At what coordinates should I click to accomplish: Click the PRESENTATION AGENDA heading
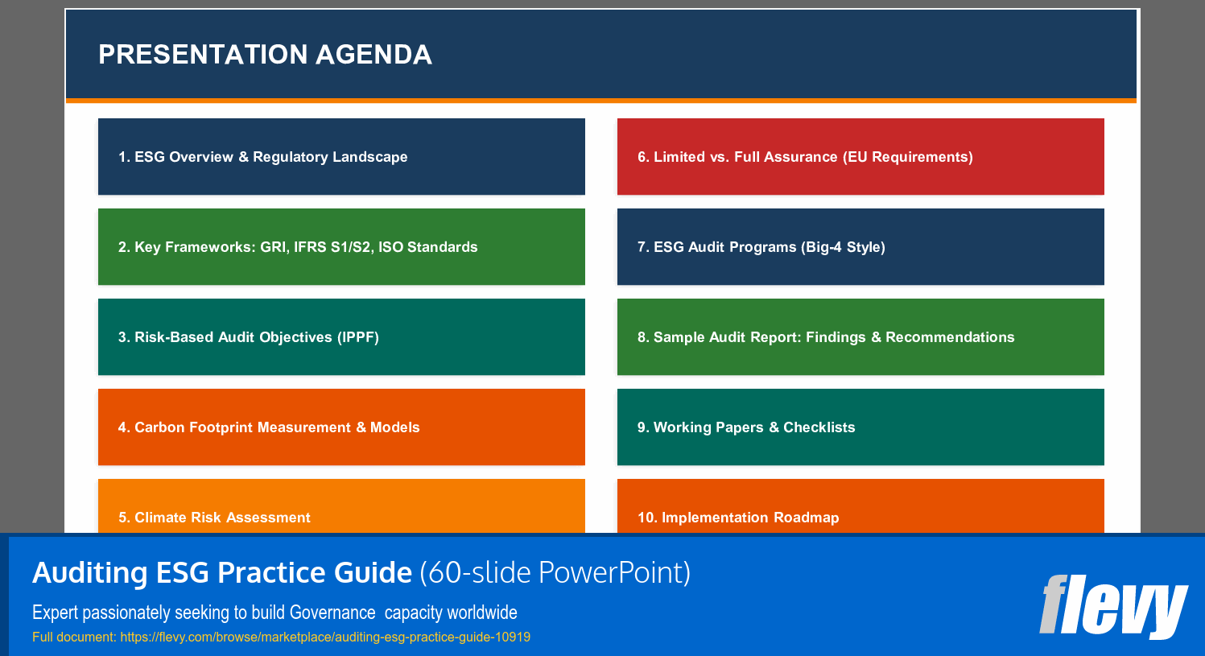[265, 55]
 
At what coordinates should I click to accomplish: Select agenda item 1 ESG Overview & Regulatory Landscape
[341, 157]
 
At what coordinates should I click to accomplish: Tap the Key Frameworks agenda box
[341, 247]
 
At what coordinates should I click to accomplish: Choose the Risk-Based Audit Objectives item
[341, 337]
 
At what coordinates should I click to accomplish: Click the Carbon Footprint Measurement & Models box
[341, 427]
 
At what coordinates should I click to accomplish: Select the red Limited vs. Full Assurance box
[860, 157]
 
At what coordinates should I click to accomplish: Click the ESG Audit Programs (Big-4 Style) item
[860, 247]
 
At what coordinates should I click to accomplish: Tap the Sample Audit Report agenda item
[860, 337]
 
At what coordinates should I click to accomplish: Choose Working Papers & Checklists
[860, 427]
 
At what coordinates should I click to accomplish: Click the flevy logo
[1113, 605]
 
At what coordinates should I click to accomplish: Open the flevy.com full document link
[325, 637]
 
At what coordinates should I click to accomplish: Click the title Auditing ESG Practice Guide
[222, 573]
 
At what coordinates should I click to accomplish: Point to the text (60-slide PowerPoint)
[555, 573]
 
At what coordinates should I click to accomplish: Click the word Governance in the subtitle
[332, 613]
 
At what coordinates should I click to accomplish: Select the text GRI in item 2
[273, 247]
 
